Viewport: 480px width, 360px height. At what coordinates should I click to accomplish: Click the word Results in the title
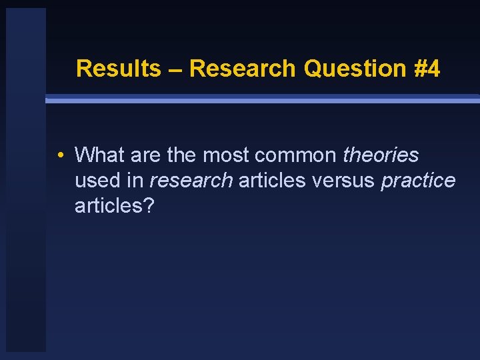pos(118,68)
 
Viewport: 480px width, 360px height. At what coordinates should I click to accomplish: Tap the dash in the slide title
pos(175,69)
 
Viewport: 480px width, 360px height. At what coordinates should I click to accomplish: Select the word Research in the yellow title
pos(242,68)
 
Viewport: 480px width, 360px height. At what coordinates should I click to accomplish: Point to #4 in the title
pos(427,68)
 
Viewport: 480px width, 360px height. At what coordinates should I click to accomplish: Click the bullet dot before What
pos(60,156)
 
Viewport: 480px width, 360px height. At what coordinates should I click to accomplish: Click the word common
pos(295,155)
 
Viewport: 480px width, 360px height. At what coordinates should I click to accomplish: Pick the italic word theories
pos(380,155)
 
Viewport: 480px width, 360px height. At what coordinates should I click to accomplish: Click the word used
pos(98,181)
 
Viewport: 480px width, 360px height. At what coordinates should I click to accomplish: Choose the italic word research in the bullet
pos(191,181)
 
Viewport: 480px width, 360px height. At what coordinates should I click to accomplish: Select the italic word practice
pos(418,181)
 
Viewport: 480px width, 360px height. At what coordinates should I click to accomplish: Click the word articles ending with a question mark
pos(114,206)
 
